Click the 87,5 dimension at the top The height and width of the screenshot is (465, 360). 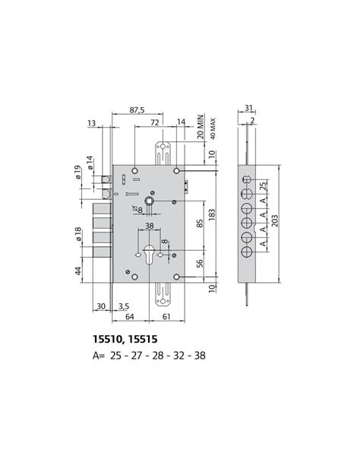click(137, 109)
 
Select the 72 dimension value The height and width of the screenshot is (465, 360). click(154, 122)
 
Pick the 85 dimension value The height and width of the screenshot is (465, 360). click(200, 224)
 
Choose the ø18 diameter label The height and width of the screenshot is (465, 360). click(78, 235)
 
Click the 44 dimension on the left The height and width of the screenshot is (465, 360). click(78, 270)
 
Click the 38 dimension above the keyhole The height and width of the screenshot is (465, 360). click(150, 226)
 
